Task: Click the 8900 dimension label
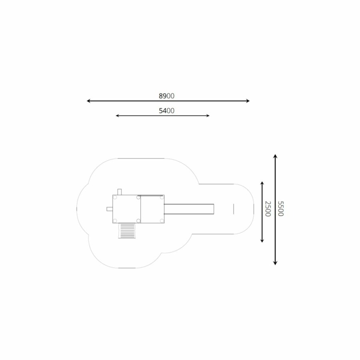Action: [166, 96]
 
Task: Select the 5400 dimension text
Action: [166, 111]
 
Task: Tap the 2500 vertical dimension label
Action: [268, 209]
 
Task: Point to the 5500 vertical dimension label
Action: [281, 209]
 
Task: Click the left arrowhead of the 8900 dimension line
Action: [88, 101]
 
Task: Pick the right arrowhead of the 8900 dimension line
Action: [248, 101]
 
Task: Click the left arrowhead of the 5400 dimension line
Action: [117, 116]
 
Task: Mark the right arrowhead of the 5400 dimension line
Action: [208, 116]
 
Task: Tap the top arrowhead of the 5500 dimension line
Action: [275, 156]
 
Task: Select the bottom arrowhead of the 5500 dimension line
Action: [275, 263]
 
